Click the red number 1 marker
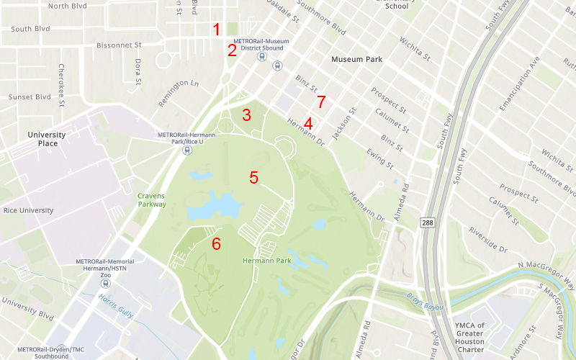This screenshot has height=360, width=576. [215, 30]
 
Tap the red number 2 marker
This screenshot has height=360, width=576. [232, 50]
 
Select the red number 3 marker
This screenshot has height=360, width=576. [246, 114]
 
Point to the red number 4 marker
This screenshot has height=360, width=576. [308, 123]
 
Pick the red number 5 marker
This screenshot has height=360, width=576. [253, 177]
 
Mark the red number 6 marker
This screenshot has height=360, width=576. [216, 243]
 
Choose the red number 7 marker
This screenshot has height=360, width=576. [321, 102]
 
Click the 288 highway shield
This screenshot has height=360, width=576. [428, 223]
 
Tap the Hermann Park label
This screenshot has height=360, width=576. [266, 261]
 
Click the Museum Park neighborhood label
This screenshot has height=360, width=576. [356, 60]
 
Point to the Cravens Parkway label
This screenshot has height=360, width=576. [152, 199]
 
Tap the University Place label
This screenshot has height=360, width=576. [47, 139]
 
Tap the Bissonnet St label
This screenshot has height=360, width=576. [121, 45]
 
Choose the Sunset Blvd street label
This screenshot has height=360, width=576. [30, 96]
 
